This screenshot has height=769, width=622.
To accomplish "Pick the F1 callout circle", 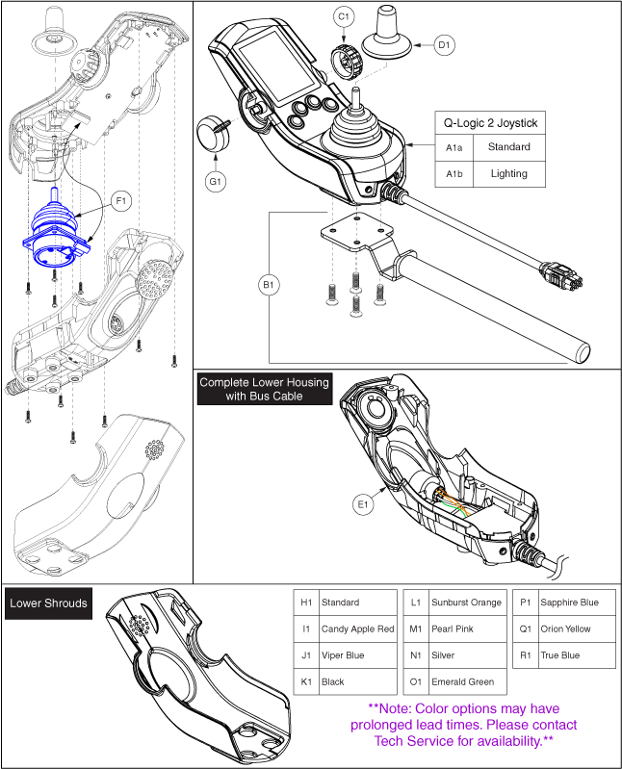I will click(x=121, y=201).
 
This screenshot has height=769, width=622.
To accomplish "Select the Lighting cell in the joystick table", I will click(x=508, y=173).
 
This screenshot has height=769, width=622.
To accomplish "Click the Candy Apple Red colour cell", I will click(x=357, y=628).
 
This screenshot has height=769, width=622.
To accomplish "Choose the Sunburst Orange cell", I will click(x=466, y=602).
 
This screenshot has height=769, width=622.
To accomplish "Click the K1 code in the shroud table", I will click(x=307, y=681).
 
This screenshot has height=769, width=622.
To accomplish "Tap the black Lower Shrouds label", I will click(x=48, y=603).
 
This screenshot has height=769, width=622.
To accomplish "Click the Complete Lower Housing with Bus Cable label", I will click(x=264, y=389).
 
